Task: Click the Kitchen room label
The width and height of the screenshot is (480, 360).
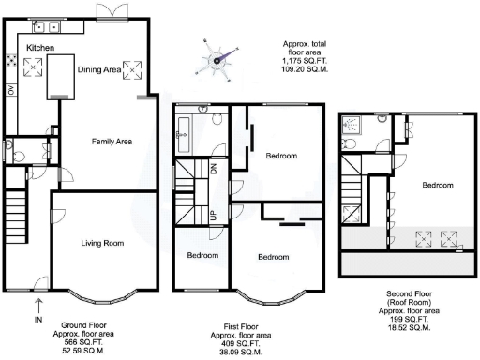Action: click(x=41, y=48)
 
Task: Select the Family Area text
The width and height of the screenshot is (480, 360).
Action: click(x=111, y=142)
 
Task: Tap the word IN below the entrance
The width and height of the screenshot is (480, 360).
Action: click(x=38, y=320)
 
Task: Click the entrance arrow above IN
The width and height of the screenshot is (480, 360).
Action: click(x=38, y=304)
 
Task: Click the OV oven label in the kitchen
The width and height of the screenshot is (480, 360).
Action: click(x=11, y=91)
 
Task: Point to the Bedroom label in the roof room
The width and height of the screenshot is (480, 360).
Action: click(x=438, y=186)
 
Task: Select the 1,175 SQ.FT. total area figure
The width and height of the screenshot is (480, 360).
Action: click(x=307, y=62)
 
